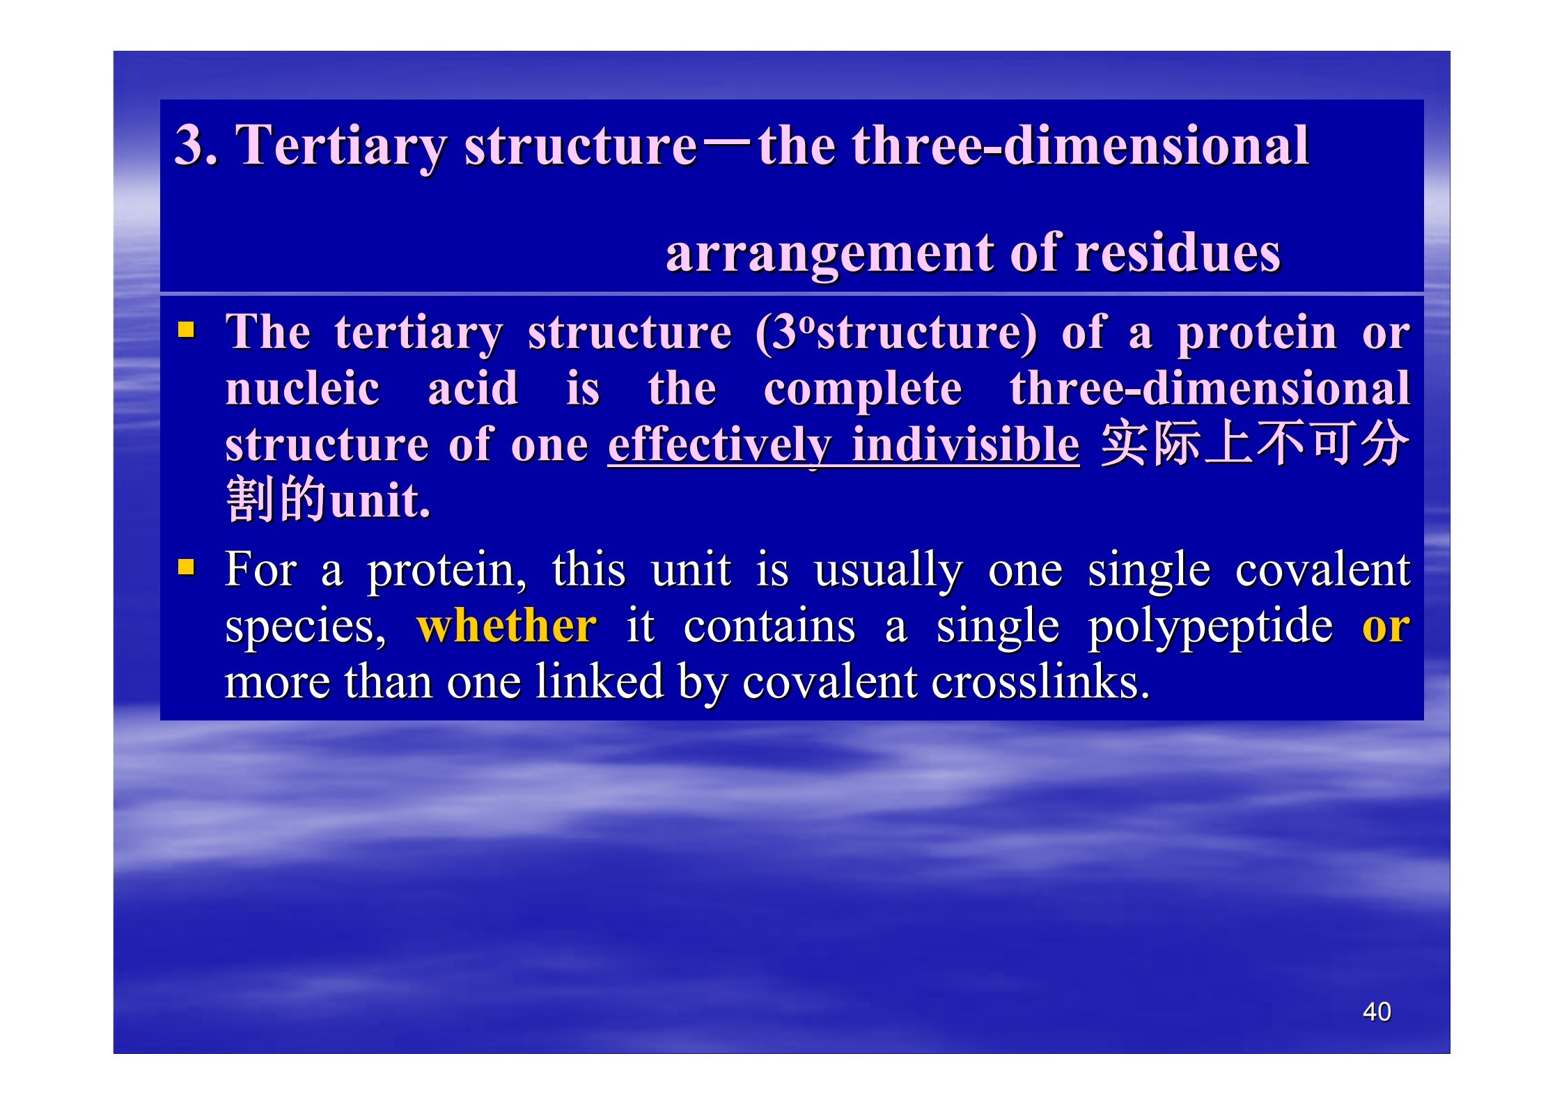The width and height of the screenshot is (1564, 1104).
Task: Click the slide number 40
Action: coord(1377,1011)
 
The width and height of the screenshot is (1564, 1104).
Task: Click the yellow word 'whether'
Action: coord(506,625)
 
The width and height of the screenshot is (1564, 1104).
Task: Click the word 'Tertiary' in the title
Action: coord(341,146)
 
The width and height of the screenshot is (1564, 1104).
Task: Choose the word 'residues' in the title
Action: coord(1178,252)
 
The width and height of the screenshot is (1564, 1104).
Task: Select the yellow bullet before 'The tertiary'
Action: coord(186,329)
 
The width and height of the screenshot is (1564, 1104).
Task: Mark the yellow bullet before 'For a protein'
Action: coord(186,567)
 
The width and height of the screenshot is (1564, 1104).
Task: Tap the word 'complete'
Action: coord(863,391)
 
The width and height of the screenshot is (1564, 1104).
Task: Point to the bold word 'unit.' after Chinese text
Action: coord(380,500)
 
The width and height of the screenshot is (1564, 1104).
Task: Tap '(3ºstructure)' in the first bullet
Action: coord(896,332)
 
